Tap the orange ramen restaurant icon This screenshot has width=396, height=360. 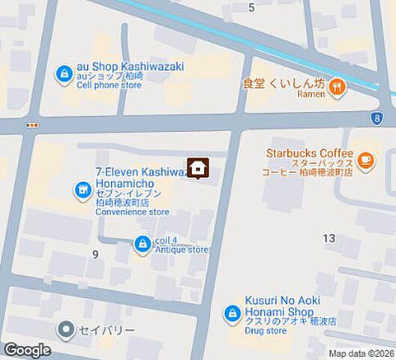pyautogui.click(x=337, y=88)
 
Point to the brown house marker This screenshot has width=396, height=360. pyautogui.click(x=197, y=169)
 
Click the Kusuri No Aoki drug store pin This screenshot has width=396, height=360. pyautogui.click(x=233, y=314)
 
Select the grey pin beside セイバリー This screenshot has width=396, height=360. pyautogui.click(x=67, y=329)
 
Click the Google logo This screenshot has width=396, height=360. pyautogui.click(x=27, y=350)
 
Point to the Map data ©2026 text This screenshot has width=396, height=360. pyautogui.click(x=361, y=353)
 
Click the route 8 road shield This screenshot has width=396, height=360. pyautogui.click(x=375, y=118)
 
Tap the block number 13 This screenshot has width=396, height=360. pyautogui.click(x=328, y=238)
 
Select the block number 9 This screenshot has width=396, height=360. pyautogui.click(x=94, y=254)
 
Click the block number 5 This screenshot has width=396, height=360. pyautogui.click(x=251, y=7)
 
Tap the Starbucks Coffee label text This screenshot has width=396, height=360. pyautogui.click(x=309, y=153)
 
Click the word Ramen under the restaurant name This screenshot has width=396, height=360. pyautogui.click(x=310, y=94)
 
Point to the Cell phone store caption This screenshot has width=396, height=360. pyautogui.click(x=109, y=85)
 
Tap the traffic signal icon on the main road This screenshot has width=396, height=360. pyautogui.click(x=31, y=125)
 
